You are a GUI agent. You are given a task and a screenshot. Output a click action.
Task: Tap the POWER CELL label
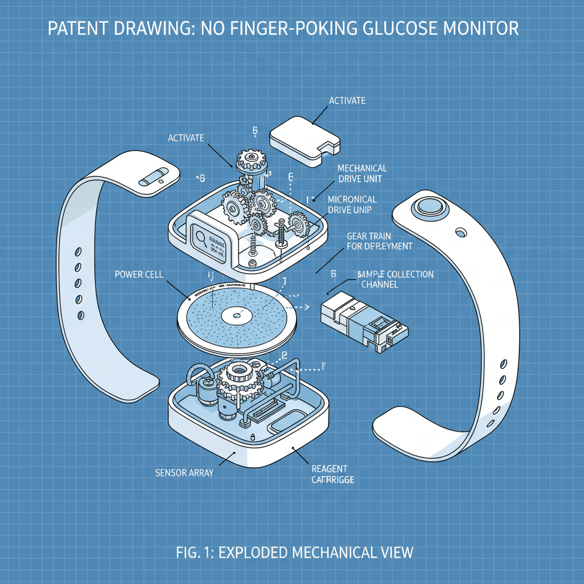click(x=139, y=274)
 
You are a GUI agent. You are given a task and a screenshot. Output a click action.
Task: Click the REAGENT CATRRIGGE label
click(x=332, y=474)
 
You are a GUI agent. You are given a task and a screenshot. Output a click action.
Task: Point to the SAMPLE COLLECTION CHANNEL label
click(x=395, y=279)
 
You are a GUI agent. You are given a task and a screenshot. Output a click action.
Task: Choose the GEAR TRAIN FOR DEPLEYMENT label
click(x=380, y=241)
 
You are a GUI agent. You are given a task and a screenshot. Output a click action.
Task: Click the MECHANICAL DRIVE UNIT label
click(x=362, y=173)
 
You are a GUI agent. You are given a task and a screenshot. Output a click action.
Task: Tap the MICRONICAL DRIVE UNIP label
click(x=352, y=204)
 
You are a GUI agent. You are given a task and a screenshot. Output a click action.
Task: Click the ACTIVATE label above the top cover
click(x=347, y=101)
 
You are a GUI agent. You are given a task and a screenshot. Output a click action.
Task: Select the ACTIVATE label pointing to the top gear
click(x=186, y=138)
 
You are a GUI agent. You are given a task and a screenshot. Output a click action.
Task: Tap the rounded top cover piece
click(x=304, y=141)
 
